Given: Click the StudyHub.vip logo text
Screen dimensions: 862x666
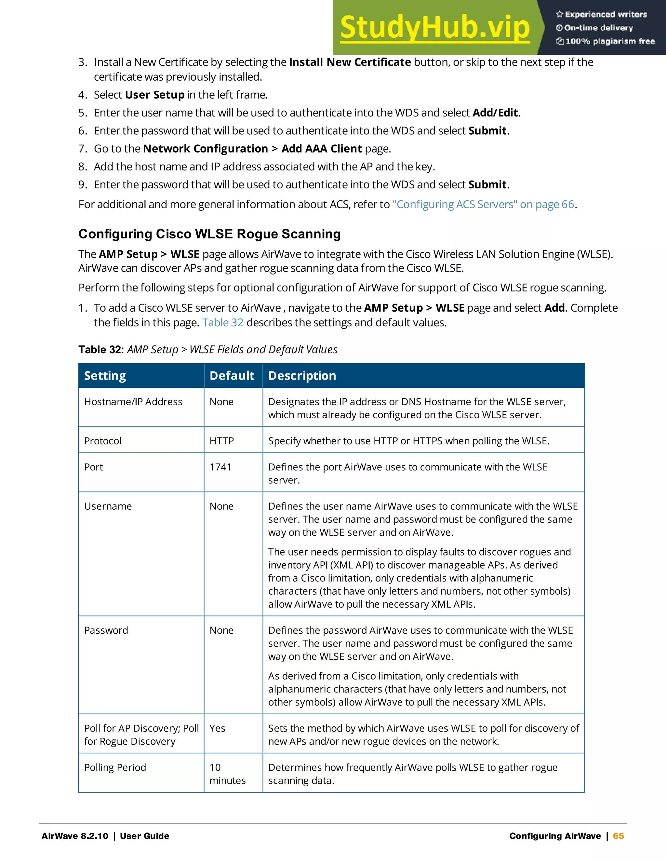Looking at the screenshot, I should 434,28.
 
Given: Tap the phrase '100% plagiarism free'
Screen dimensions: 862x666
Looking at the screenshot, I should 610,41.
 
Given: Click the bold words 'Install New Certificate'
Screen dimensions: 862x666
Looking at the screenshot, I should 350,62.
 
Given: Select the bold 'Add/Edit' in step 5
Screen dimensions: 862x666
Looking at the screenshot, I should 495,113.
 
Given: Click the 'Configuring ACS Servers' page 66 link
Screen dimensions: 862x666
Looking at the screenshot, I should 483,205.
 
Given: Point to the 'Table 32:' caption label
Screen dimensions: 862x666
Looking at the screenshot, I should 101,350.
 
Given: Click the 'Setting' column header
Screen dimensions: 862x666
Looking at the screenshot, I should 105,376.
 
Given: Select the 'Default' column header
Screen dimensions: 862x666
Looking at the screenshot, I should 232,376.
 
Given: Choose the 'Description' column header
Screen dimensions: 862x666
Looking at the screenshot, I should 302,376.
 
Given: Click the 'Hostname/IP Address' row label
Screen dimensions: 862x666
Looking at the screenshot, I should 133,402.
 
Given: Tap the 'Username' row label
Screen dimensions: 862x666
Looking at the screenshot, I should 108,506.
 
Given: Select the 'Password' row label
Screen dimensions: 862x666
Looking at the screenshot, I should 106,630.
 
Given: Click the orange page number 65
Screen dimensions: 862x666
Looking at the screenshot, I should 618,836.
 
